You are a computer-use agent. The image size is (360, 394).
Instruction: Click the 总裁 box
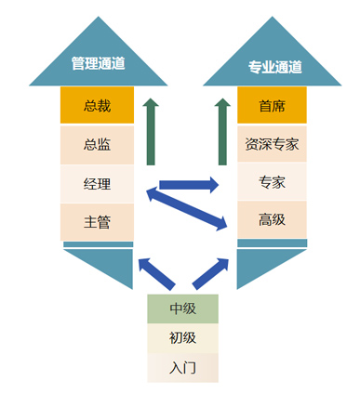[x=98, y=106]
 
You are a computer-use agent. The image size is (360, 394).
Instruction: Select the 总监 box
[x=98, y=144]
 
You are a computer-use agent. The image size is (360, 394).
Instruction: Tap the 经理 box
[x=98, y=183]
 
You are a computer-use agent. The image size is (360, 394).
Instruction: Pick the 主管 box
[x=98, y=221]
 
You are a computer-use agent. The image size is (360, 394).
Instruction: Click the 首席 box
[x=273, y=106]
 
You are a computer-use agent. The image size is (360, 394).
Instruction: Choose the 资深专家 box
[x=273, y=144]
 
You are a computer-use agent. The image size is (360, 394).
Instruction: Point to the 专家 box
[x=273, y=182]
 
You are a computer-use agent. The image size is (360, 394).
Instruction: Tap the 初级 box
[x=182, y=338]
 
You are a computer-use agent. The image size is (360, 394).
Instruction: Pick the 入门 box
[x=182, y=367]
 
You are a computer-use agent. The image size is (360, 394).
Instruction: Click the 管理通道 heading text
[x=99, y=64]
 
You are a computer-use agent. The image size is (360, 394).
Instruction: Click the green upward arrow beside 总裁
[x=153, y=129]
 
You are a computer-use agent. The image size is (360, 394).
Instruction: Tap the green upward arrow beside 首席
[x=223, y=129]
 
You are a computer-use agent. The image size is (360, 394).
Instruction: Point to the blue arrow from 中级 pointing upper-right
[x=210, y=273]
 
